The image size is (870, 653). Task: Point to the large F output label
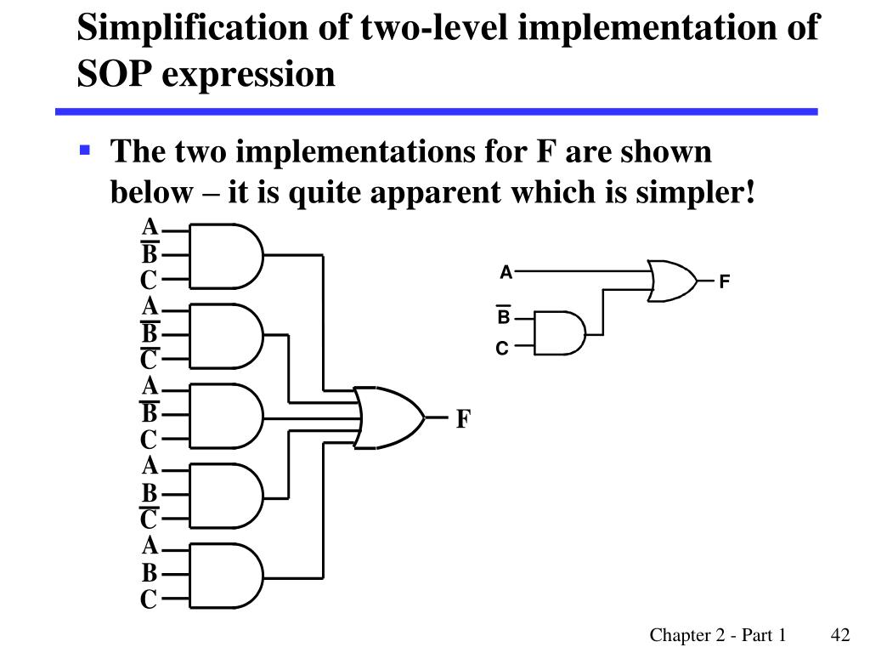pyautogui.click(x=463, y=419)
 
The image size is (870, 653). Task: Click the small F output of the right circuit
pyautogui.click(x=725, y=281)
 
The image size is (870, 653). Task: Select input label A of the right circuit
pyautogui.click(x=506, y=273)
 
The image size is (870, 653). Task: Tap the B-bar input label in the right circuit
pyautogui.click(x=503, y=317)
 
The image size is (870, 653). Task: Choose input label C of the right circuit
pyautogui.click(x=502, y=349)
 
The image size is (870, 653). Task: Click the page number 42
pyautogui.click(x=840, y=635)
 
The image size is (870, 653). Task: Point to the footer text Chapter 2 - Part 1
pyautogui.click(x=718, y=635)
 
